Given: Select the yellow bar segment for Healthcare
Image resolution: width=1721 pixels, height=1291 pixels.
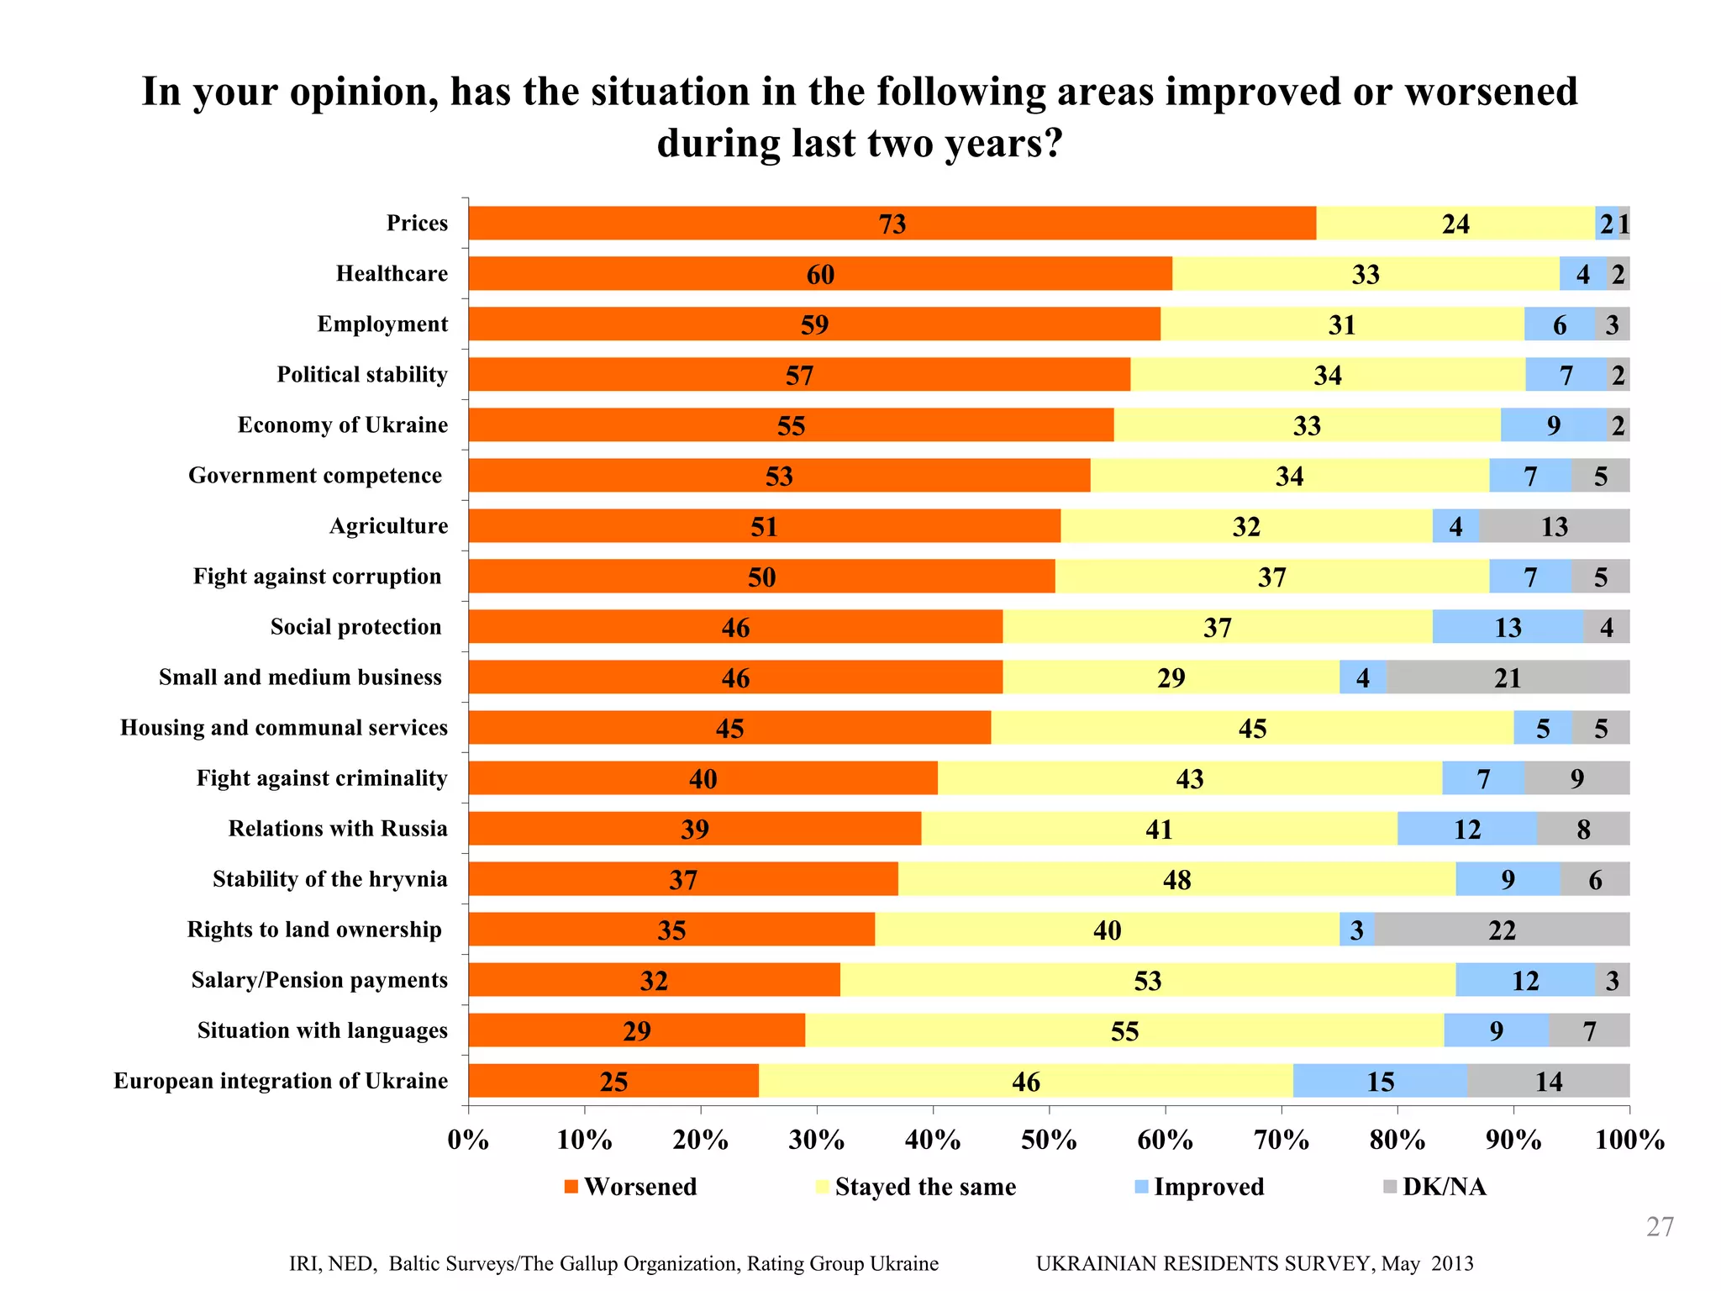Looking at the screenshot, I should [1366, 274].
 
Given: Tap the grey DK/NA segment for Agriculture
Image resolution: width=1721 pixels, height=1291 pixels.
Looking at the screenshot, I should [1554, 526].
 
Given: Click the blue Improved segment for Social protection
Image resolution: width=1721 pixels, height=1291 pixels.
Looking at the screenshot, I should [1508, 627].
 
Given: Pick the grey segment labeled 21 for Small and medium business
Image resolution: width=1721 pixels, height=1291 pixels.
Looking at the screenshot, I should [1508, 677].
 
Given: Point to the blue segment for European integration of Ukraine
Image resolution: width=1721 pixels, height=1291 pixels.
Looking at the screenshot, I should [1380, 1081].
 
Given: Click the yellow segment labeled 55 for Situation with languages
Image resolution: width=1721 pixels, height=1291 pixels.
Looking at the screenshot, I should [1124, 1030].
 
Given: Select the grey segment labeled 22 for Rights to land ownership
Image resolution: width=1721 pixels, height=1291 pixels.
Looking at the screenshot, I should [1502, 930].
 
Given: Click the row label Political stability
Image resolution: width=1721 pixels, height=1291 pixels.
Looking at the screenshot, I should [362, 375].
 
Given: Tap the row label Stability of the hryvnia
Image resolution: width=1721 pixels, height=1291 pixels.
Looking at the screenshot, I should [329, 879].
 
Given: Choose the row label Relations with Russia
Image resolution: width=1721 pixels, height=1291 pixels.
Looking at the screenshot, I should [338, 829].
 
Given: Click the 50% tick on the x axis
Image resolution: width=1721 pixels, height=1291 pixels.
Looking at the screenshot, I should [1049, 1141].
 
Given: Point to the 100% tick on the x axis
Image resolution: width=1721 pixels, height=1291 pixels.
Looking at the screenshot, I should [1629, 1141].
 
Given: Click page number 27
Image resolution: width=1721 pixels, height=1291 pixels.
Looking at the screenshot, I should [1659, 1227].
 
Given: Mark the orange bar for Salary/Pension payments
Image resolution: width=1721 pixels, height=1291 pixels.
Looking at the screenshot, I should [654, 980].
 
